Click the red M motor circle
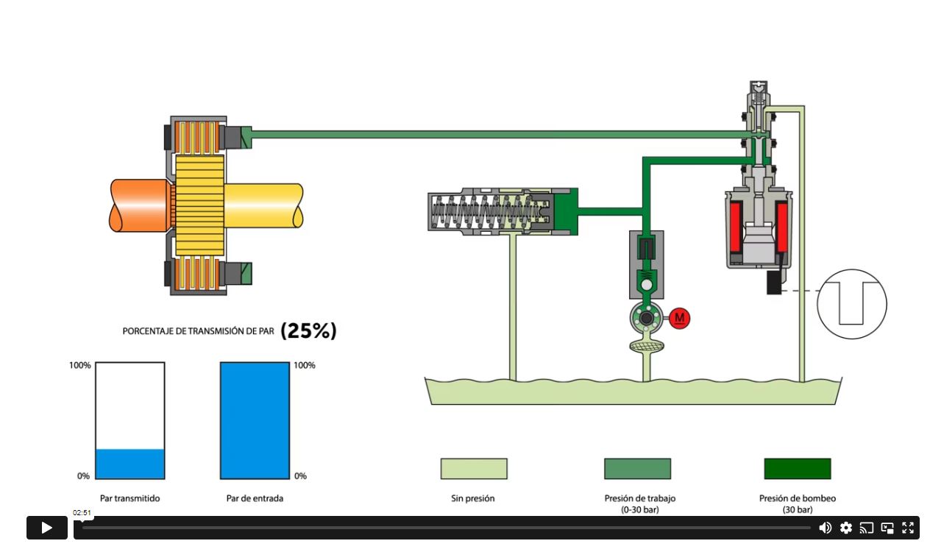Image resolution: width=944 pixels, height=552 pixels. [x=680, y=318]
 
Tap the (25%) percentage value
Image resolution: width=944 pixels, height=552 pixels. [x=308, y=331]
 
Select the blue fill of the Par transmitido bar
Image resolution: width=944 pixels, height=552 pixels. [x=130, y=464]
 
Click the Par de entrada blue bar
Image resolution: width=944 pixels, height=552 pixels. [x=255, y=421]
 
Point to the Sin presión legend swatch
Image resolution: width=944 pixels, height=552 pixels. [x=474, y=469]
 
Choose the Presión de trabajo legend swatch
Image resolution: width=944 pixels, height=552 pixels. [x=637, y=469]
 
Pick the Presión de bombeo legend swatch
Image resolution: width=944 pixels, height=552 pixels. [x=797, y=469]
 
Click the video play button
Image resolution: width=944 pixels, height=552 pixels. [x=46, y=528]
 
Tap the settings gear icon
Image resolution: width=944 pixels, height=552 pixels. [x=846, y=528]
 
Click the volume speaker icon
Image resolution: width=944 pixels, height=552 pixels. [x=826, y=528]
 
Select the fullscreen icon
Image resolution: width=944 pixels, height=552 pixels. [x=908, y=528]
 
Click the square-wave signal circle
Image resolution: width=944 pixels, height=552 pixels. [x=852, y=304]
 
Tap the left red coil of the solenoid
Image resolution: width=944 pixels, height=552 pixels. [x=735, y=227]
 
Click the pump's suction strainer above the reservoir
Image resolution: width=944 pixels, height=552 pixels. [x=647, y=345]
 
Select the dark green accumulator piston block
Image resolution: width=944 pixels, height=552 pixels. [x=565, y=211]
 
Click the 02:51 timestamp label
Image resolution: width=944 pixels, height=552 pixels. [x=82, y=513]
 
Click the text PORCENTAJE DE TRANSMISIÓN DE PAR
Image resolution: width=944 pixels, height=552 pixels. [x=198, y=331]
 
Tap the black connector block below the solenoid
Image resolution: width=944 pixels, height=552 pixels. [x=774, y=283]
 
